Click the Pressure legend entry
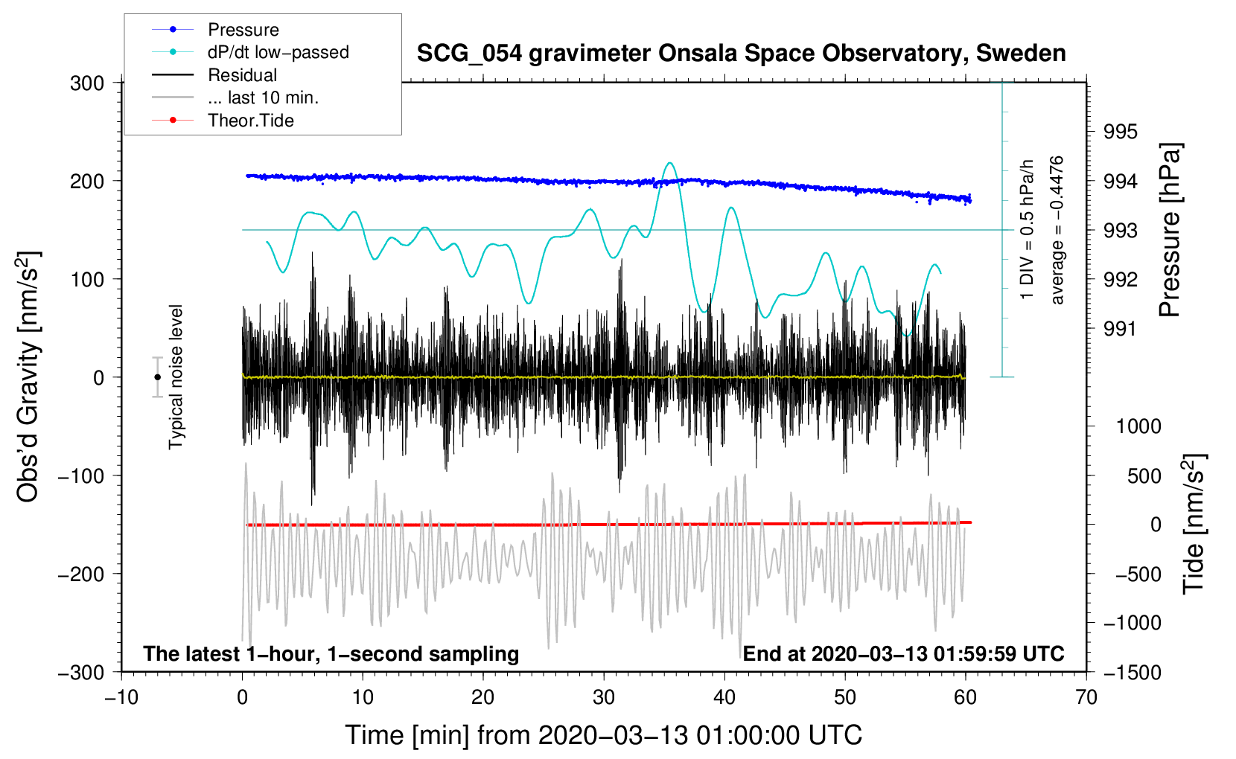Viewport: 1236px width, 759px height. click(x=243, y=30)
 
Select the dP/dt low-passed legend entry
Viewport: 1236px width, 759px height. click(x=278, y=52)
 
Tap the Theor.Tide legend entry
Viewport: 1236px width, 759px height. click(x=250, y=121)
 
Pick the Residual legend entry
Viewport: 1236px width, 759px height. click(x=242, y=75)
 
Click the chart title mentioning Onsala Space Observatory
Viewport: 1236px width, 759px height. click(x=741, y=54)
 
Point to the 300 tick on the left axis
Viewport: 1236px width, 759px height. click(x=87, y=83)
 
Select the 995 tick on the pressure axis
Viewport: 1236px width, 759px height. click(x=1121, y=132)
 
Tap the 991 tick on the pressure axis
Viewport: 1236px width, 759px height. click(x=1121, y=329)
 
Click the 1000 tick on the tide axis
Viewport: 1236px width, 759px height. click(x=1138, y=426)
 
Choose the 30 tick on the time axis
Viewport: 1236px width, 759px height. click(x=604, y=698)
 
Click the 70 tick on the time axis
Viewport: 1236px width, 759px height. click(x=1086, y=698)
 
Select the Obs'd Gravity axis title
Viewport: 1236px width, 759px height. click(x=28, y=377)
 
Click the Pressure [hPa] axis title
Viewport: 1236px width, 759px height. click(x=1170, y=231)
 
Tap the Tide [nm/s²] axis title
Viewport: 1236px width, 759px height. click(x=1193, y=524)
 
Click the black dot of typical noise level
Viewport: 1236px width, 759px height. click(x=157, y=377)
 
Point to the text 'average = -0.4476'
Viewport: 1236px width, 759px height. click(x=1057, y=231)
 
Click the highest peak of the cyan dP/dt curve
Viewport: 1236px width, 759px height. click(x=669, y=163)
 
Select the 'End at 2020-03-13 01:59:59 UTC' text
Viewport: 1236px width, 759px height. click(x=903, y=654)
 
